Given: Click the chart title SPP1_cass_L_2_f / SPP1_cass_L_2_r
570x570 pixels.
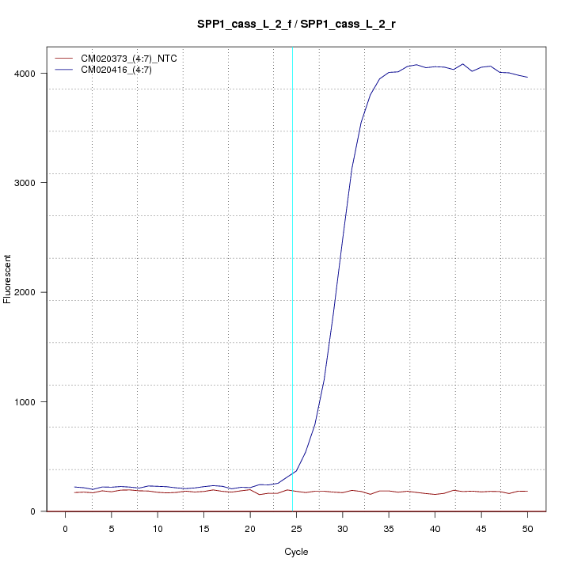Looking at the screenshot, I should point(297,25).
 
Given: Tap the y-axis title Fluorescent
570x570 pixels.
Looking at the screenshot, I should point(9,279).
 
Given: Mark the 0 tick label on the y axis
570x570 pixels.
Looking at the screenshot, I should point(32,511).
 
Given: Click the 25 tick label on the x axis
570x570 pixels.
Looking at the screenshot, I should point(296,528).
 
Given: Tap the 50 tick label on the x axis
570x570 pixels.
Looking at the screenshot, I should point(527,528).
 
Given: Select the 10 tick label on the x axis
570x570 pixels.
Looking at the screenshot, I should point(158,528).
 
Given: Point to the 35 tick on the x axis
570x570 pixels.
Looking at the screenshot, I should point(389,528).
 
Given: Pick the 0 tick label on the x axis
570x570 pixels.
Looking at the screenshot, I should point(65,528).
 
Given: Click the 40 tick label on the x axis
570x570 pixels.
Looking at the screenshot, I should point(435,528).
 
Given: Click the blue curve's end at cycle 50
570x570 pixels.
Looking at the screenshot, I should point(527,77).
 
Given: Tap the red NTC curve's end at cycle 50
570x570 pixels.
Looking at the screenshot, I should point(527,492).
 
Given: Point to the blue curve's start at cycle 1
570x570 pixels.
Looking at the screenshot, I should point(74,487).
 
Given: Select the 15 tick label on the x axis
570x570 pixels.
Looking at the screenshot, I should point(203,528).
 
